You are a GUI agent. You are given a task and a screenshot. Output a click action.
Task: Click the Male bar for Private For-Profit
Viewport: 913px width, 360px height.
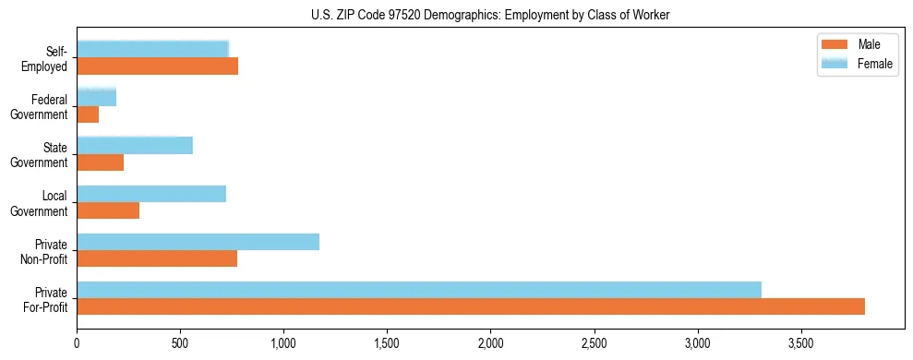[x=471, y=306]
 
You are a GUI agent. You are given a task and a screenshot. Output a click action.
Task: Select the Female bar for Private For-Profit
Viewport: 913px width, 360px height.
[x=419, y=290]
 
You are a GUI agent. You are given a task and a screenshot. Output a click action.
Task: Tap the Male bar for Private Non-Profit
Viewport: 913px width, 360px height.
[x=157, y=258]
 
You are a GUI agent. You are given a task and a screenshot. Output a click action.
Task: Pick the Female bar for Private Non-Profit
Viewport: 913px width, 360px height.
[x=198, y=242]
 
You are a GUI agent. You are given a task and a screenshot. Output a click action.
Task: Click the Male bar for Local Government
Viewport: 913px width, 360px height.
[x=108, y=210]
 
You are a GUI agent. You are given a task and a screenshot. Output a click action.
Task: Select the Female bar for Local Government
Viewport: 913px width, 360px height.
[x=151, y=194]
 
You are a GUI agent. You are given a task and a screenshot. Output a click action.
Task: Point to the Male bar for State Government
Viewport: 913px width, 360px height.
[x=100, y=162]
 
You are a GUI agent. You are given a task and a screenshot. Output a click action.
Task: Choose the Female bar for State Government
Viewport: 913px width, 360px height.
[x=135, y=146]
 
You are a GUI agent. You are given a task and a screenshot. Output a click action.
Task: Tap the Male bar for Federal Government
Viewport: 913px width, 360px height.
[x=88, y=114]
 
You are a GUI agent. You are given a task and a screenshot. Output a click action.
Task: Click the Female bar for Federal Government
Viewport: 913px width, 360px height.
[x=96, y=98]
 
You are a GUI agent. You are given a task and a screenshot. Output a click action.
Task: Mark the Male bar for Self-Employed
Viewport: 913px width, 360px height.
[x=157, y=66]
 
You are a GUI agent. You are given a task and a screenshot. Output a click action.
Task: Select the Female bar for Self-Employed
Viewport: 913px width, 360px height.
[x=152, y=50]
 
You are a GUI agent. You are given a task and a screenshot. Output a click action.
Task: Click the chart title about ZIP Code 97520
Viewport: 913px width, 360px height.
[x=491, y=15]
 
